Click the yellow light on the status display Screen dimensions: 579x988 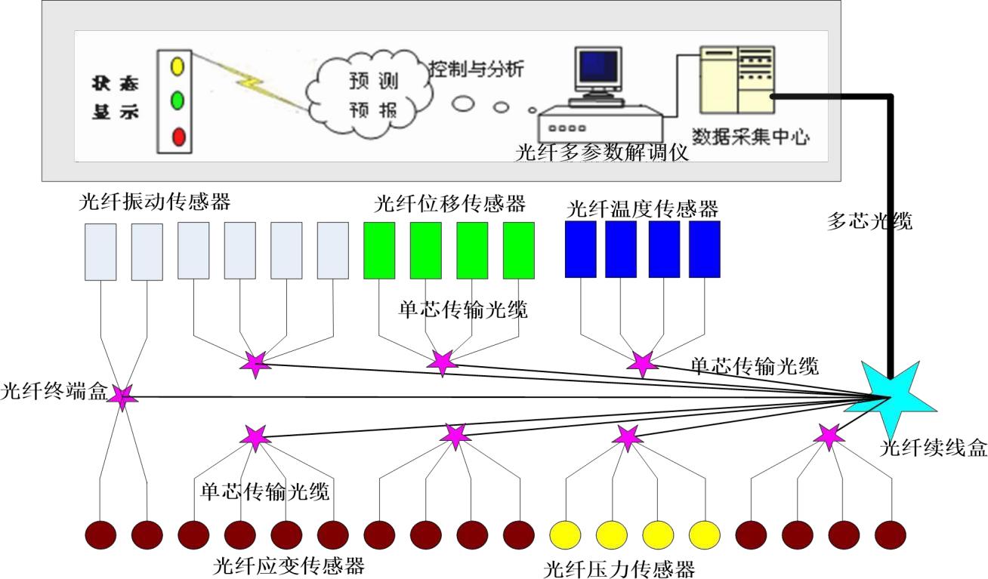[x=178, y=66]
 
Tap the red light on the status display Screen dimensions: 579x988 [x=178, y=137]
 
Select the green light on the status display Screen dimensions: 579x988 [x=178, y=100]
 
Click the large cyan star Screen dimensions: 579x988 [x=889, y=395]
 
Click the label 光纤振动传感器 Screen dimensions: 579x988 [x=154, y=202]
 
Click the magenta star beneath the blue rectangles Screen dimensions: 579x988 [x=642, y=363]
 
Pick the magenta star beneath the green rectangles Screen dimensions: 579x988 [x=442, y=362]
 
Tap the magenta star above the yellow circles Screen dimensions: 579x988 [x=626, y=436]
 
